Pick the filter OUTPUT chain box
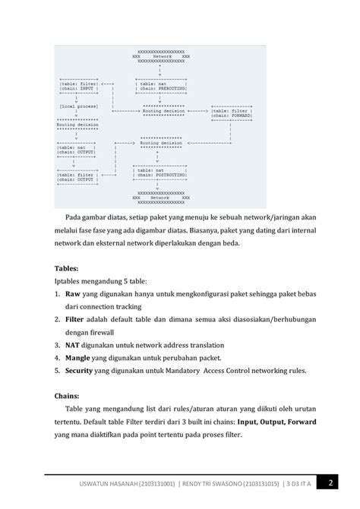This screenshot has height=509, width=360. tap(77, 177)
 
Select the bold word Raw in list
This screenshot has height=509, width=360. tap(73, 292)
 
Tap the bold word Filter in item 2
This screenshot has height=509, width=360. tap(75, 319)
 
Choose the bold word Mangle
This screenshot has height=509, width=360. tap(79, 358)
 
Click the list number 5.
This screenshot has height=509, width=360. tap(58, 371)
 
